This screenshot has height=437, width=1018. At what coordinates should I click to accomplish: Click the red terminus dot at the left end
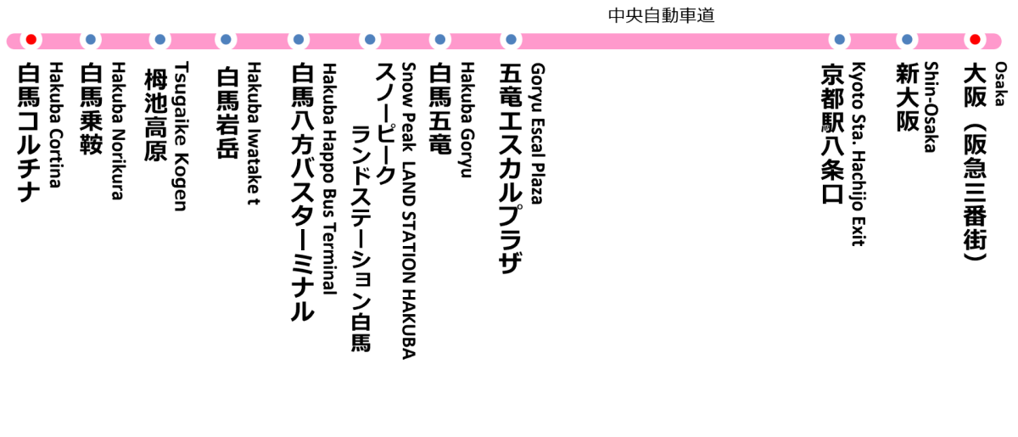point(31,40)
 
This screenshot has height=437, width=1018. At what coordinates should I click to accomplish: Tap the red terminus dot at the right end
point(975,40)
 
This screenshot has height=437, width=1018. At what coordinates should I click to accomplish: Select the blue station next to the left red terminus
point(91,40)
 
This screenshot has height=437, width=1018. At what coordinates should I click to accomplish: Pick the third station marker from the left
point(160,40)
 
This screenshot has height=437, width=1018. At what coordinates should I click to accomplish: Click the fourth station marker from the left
point(226,40)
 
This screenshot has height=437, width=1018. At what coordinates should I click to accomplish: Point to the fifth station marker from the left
point(299,40)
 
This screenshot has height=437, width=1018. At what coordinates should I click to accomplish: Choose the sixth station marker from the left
point(370,40)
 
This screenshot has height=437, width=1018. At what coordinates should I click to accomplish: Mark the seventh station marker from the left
point(440,40)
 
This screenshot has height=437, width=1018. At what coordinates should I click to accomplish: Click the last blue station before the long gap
point(511,40)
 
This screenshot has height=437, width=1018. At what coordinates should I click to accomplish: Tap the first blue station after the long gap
point(840,40)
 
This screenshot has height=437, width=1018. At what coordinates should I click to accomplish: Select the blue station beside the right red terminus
point(907,40)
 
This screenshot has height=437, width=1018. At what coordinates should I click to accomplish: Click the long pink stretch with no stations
point(674,41)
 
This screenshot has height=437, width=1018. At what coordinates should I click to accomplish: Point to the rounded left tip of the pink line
point(11,41)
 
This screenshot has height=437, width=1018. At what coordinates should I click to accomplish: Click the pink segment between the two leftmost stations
point(61,41)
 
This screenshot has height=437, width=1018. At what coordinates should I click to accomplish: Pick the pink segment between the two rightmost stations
point(941,41)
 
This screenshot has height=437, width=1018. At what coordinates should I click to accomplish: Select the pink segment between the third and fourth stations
point(193,41)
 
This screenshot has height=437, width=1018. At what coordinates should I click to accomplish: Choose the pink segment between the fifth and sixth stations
point(334,41)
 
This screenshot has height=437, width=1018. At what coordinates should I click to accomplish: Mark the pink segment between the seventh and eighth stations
point(475,41)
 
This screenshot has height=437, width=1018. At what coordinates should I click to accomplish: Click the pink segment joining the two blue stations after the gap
point(874,41)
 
